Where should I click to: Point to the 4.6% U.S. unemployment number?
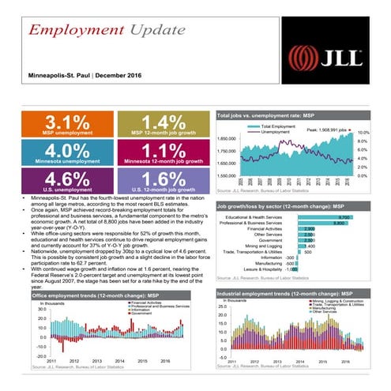point(62,178)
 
